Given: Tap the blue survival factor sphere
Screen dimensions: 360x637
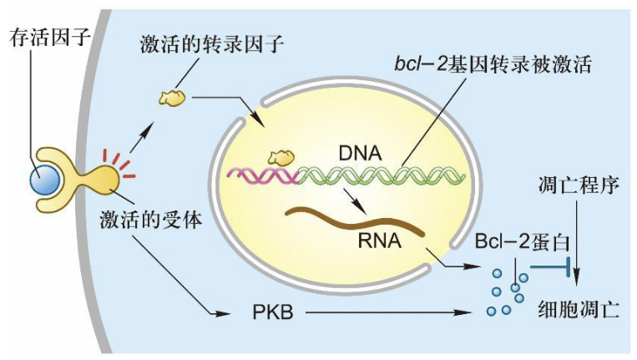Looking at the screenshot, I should tap(47, 179).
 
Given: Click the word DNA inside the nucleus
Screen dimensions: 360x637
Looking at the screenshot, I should tap(360, 154).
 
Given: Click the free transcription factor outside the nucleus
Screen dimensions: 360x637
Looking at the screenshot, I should tap(172, 98).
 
